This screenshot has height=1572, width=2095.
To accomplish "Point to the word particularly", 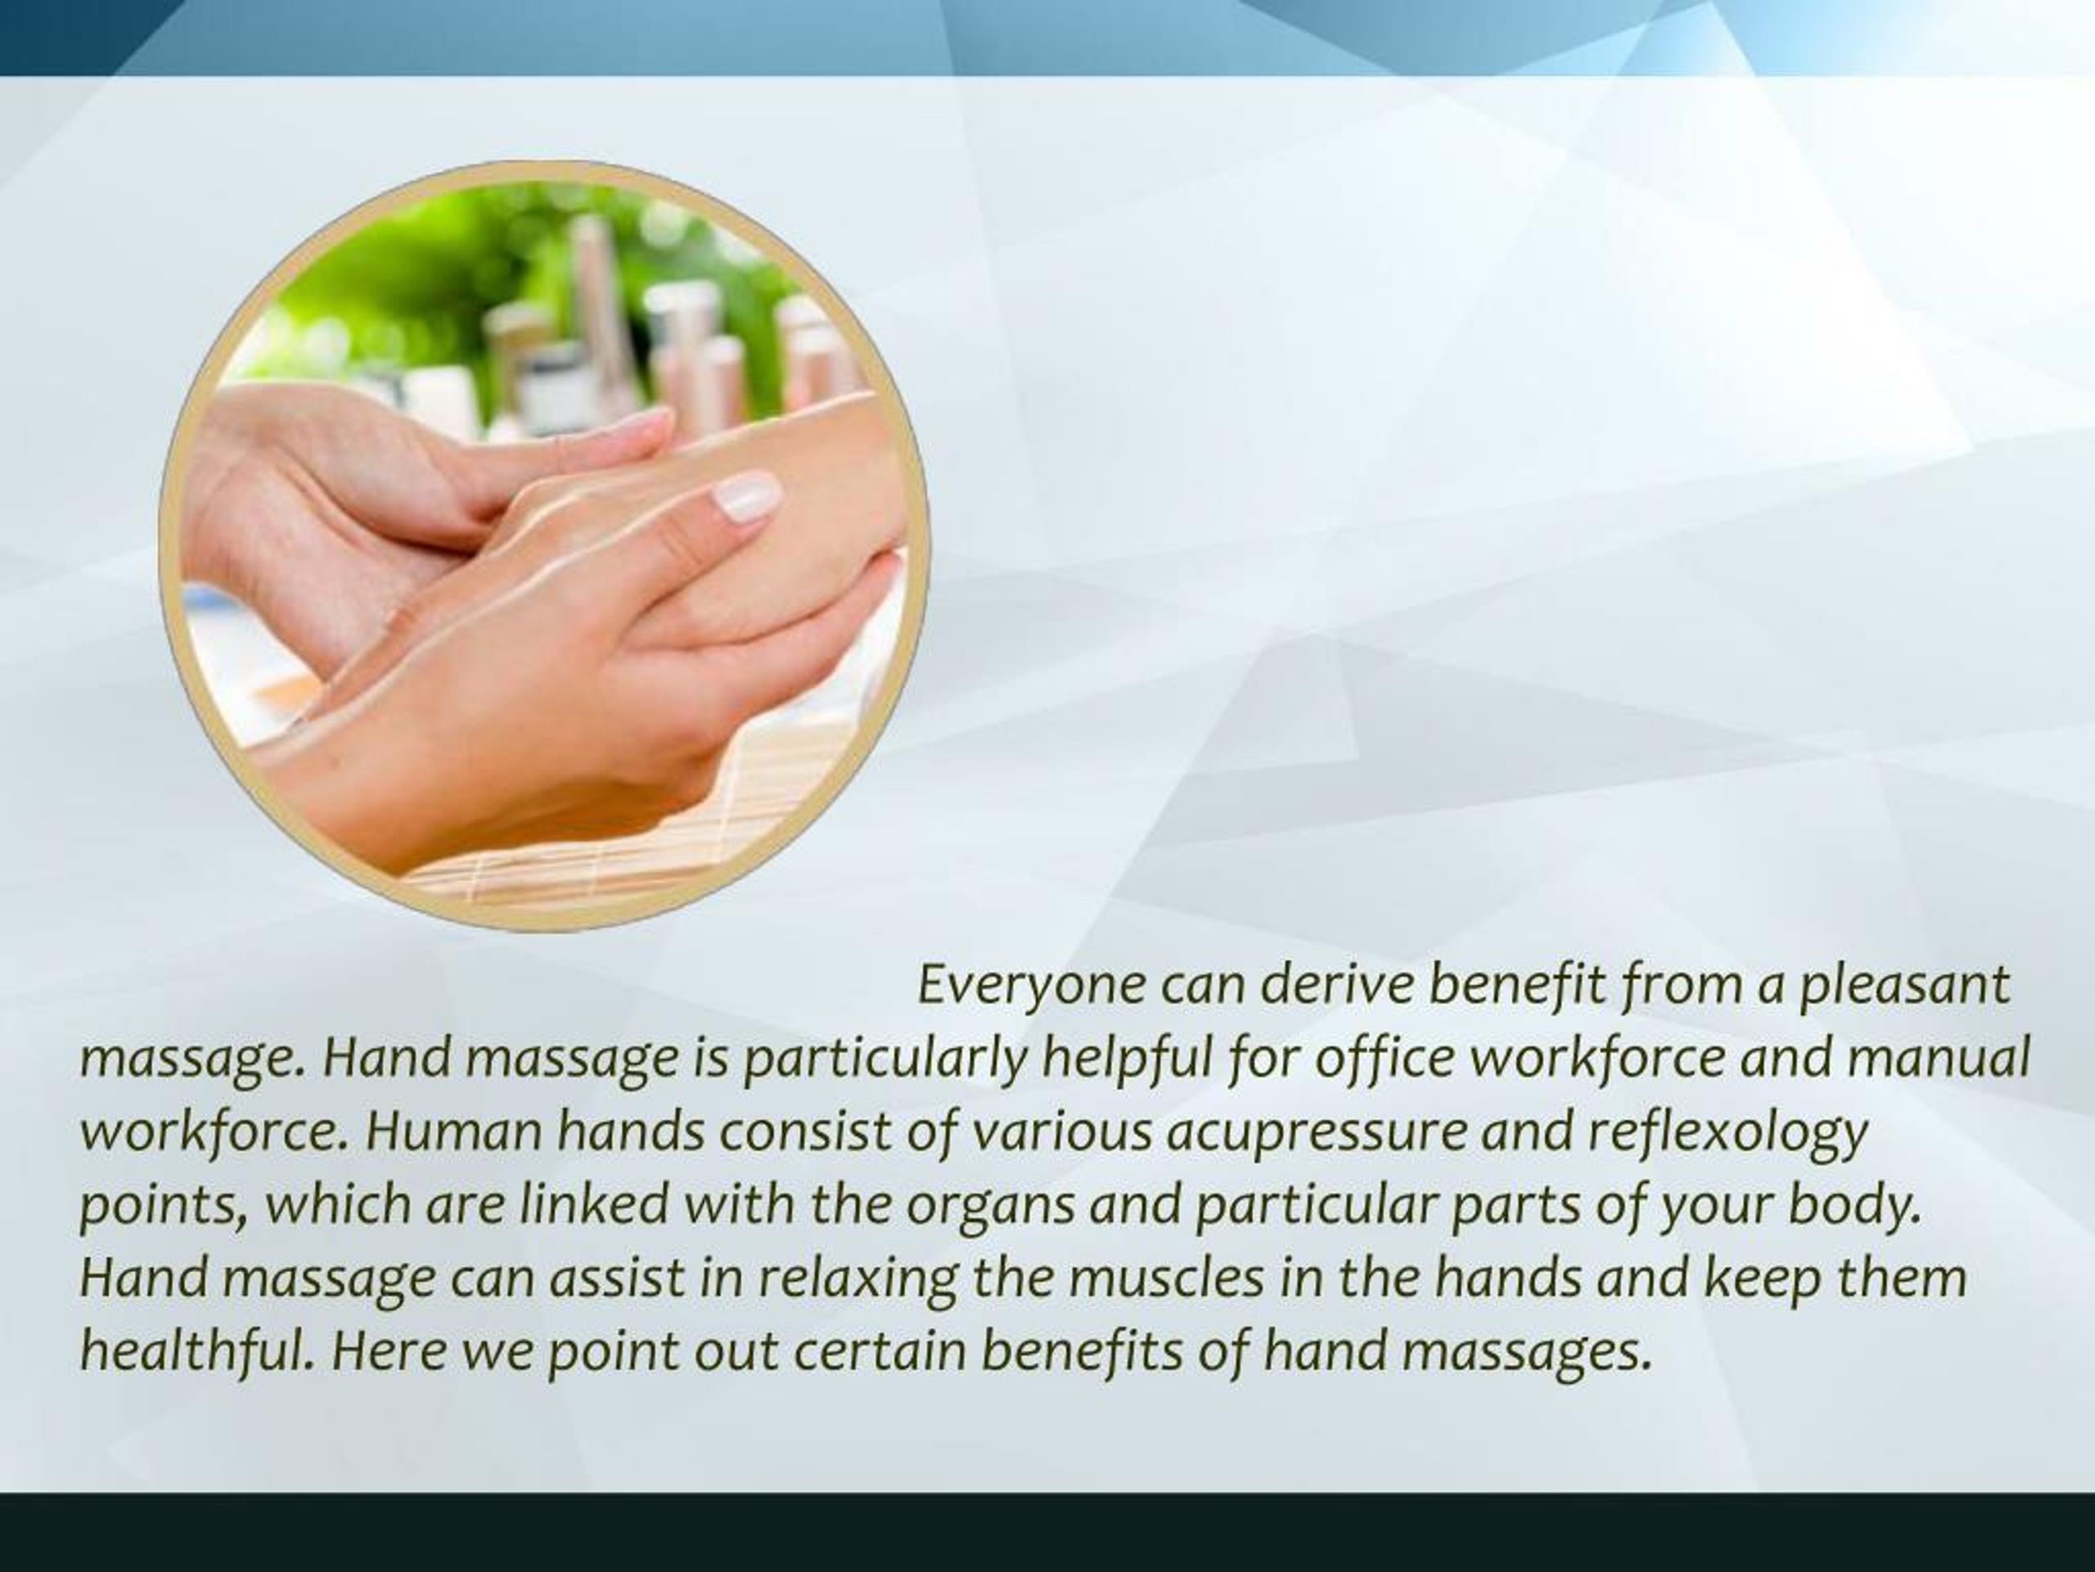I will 885,1060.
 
